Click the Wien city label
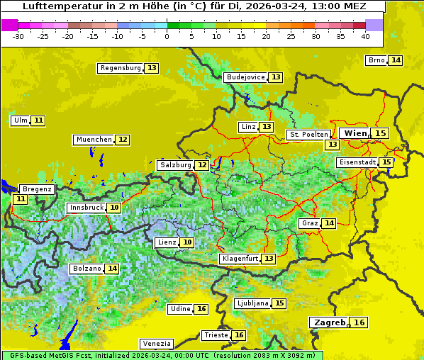point(355,133)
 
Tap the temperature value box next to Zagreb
point(359,322)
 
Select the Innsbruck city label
point(86,208)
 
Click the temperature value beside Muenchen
point(123,140)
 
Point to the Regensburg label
point(121,68)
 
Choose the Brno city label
point(376,60)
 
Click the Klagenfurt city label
point(239,259)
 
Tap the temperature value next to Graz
point(329,223)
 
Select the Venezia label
point(156,344)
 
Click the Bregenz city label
point(37,189)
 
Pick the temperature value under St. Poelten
point(332,145)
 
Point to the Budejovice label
point(245,77)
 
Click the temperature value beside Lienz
point(187,242)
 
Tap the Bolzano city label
point(87,269)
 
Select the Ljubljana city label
point(252,303)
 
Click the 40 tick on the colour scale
point(365,35)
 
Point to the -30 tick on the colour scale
point(18,35)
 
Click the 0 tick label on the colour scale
point(167,35)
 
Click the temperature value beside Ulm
point(38,120)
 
